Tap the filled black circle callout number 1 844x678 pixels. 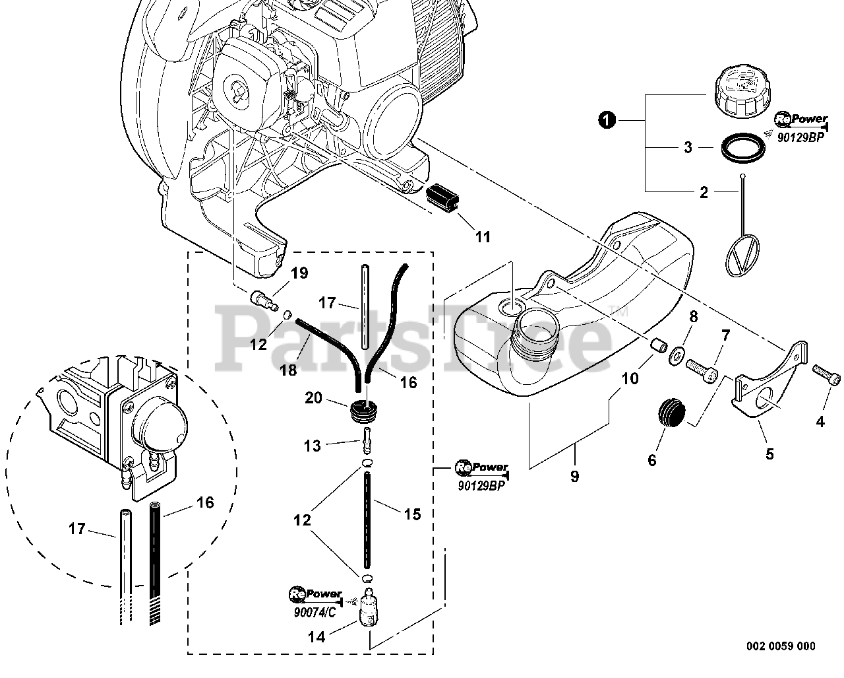[607, 119]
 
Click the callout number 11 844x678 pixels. [483, 237]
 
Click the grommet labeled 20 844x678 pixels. [362, 412]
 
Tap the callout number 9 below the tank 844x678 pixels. [574, 477]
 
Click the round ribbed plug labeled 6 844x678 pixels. [671, 413]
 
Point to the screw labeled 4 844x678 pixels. [826, 375]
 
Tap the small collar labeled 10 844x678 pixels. [659, 346]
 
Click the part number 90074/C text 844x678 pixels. [315, 613]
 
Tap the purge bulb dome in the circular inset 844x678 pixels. [160, 427]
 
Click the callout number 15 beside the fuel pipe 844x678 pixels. [412, 514]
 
